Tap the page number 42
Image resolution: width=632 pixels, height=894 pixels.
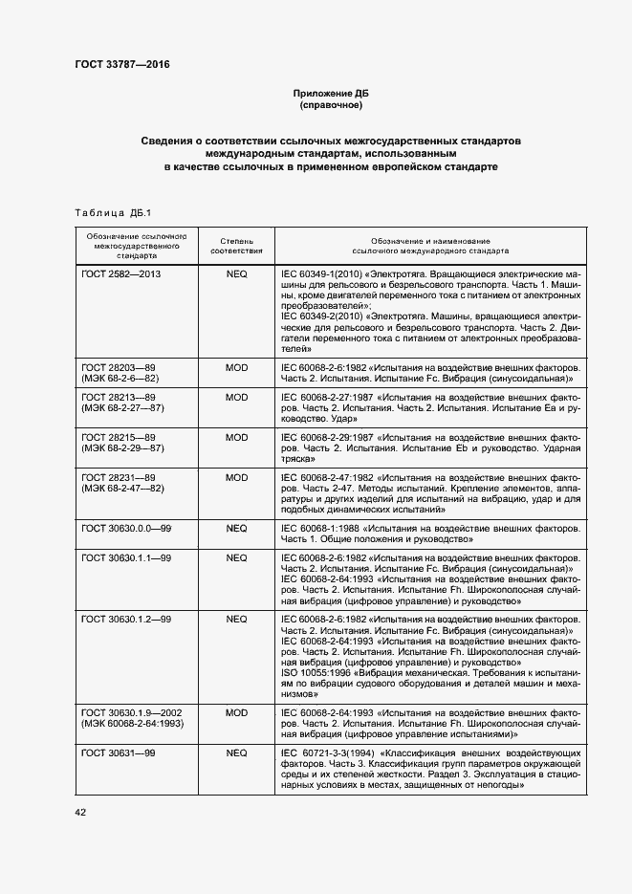point(80,812)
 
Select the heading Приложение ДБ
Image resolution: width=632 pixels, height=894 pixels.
point(330,93)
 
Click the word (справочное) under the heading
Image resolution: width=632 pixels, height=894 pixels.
point(330,105)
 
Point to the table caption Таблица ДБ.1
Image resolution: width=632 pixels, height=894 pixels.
point(112,211)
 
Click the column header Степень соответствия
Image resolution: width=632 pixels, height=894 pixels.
point(236,246)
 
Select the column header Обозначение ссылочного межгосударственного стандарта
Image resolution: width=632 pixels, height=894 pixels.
point(136,246)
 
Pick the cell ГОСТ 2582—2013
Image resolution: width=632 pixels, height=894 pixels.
point(121,273)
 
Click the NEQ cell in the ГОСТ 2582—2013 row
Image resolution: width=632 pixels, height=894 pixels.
point(236,273)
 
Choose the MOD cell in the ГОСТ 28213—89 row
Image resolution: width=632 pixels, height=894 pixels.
point(236,397)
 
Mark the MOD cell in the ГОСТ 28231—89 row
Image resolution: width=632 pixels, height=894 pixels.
point(236,477)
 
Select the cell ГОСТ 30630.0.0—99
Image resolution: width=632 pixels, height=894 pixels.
point(125,527)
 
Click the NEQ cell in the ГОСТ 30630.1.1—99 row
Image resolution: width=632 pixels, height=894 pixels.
point(236,557)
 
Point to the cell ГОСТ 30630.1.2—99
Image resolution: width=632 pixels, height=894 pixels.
point(125,619)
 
